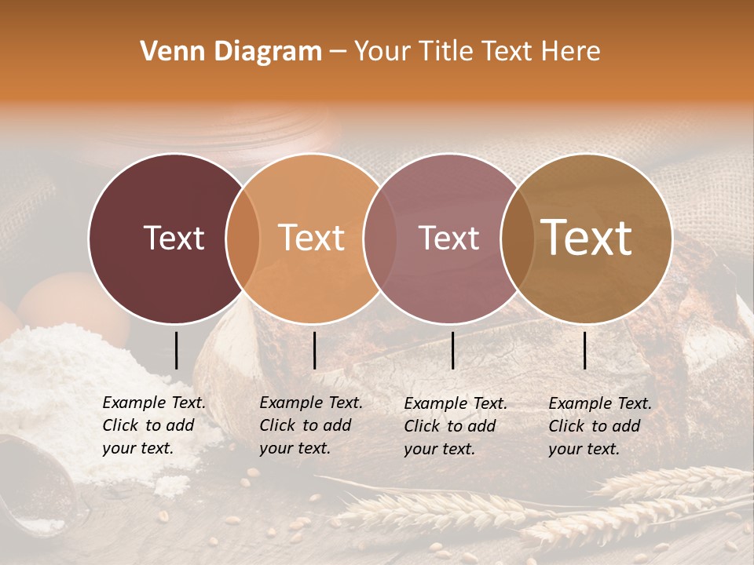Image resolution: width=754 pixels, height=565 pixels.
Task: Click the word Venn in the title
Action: point(168,52)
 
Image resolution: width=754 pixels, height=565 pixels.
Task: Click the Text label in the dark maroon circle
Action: point(174,238)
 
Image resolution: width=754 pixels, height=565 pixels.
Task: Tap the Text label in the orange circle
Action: point(312,238)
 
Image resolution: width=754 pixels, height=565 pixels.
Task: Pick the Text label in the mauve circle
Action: point(448,238)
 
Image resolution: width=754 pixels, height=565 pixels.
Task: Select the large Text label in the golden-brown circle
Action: point(587,238)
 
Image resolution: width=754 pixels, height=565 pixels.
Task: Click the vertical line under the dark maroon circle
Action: point(176,350)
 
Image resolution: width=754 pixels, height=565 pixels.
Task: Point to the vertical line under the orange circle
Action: point(314,350)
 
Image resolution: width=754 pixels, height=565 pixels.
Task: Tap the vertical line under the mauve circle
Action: point(452,350)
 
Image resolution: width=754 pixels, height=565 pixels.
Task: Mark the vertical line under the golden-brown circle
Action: point(585,350)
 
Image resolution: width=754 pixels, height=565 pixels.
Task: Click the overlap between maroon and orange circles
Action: point(243,238)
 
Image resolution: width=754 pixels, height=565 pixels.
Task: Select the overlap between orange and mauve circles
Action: point(380,238)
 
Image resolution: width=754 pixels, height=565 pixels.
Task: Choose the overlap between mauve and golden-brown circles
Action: point(517,238)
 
